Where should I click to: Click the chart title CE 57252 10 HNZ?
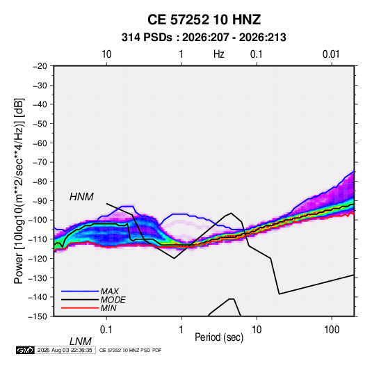click(x=204, y=19)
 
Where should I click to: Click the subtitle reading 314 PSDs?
click(x=147, y=38)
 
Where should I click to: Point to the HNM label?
click(x=81, y=197)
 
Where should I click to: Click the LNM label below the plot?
click(x=81, y=342)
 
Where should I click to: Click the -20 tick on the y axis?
click(x=40, y=66)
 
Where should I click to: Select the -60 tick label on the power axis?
click(x=40, y=143)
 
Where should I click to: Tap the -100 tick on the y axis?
click(x=38, y=220)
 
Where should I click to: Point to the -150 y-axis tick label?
click(x=38, y=317)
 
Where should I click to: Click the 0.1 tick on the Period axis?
click(x=106, y=330)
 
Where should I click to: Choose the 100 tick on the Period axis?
click(x=332, y=330)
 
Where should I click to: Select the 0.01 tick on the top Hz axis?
click(x=331, y=54)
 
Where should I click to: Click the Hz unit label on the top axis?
click(x=219, y=54)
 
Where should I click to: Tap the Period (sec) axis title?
click(x=219, y=337)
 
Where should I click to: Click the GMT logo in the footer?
click(x=26, y=350)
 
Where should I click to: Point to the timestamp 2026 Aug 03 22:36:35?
click(x=65, y=350)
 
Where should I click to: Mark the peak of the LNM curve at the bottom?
click(x=232, y=298)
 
